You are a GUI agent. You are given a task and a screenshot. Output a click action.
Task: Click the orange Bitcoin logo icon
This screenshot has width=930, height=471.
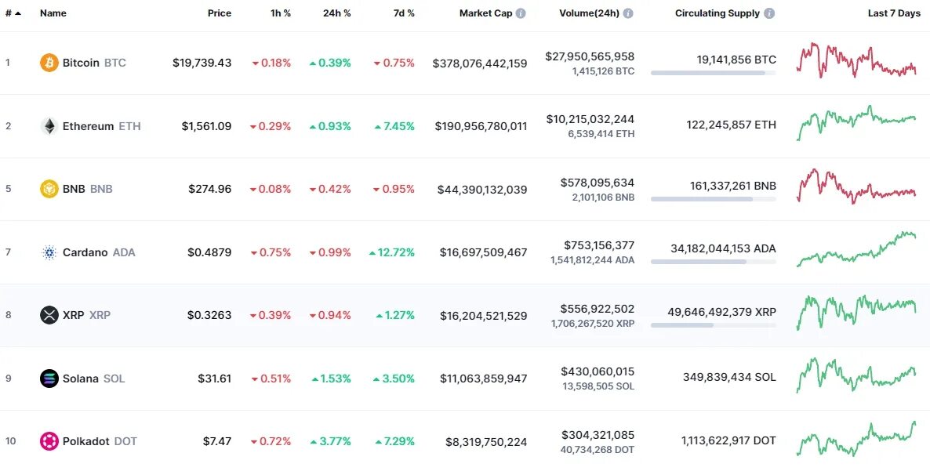click(49, 63)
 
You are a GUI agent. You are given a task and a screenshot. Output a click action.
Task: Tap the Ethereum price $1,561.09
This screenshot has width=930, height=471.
click(206, 126)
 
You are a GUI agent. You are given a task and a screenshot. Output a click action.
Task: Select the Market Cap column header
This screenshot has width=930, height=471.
click(485, 13)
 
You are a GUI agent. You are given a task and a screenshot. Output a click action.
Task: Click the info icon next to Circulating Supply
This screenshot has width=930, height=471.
click(769, 13)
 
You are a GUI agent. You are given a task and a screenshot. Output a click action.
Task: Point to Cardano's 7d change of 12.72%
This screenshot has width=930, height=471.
click(392, 252)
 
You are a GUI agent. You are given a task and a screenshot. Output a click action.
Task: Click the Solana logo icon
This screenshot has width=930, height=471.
click(49, 379)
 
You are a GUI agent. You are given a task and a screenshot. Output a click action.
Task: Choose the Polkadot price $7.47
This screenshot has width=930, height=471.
click(217, 441)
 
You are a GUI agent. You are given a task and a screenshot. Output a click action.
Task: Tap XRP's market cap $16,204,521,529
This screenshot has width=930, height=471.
click(480, 316)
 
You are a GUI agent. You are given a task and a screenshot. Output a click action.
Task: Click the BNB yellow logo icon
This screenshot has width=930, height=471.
click(49, 189)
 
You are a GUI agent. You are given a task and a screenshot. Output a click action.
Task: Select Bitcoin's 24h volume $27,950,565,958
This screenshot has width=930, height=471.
click(590, 56)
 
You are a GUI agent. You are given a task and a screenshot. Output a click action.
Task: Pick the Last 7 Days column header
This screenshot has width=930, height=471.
click(894, 13)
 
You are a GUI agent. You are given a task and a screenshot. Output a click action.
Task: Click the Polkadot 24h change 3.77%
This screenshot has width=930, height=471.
click(330, 441)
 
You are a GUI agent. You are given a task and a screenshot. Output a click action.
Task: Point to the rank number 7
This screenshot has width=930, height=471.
click(8, 252)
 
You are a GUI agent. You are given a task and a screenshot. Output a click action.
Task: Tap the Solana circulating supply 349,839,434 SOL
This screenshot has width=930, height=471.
click(729, 378)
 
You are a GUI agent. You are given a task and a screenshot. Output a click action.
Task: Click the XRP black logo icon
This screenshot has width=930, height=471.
click(49, 315)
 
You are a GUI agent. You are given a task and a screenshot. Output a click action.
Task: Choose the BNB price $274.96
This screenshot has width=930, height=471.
click(209, 189)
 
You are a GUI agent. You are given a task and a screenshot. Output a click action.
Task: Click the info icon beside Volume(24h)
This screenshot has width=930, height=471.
click(628, 13)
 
